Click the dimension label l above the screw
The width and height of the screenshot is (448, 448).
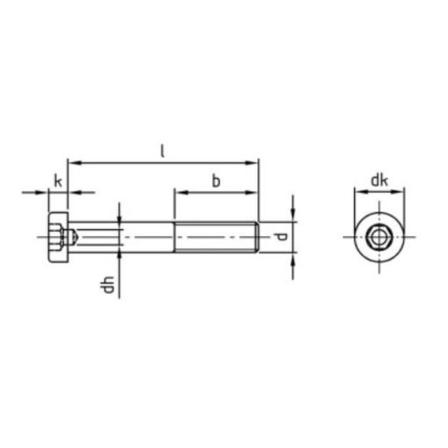(x=163, y=151)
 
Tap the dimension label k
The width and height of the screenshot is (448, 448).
(x=58, y=181)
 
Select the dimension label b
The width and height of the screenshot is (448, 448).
(x=216, y=181)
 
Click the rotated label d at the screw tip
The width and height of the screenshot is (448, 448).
(x=280, y=236)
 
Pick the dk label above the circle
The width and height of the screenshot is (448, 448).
(x=379, y=180)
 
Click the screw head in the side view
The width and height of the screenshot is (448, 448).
(x=59, y=237)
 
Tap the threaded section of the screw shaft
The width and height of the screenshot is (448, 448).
(x=216, y=237)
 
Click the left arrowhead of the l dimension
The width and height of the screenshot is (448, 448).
(x=74, y=163)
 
